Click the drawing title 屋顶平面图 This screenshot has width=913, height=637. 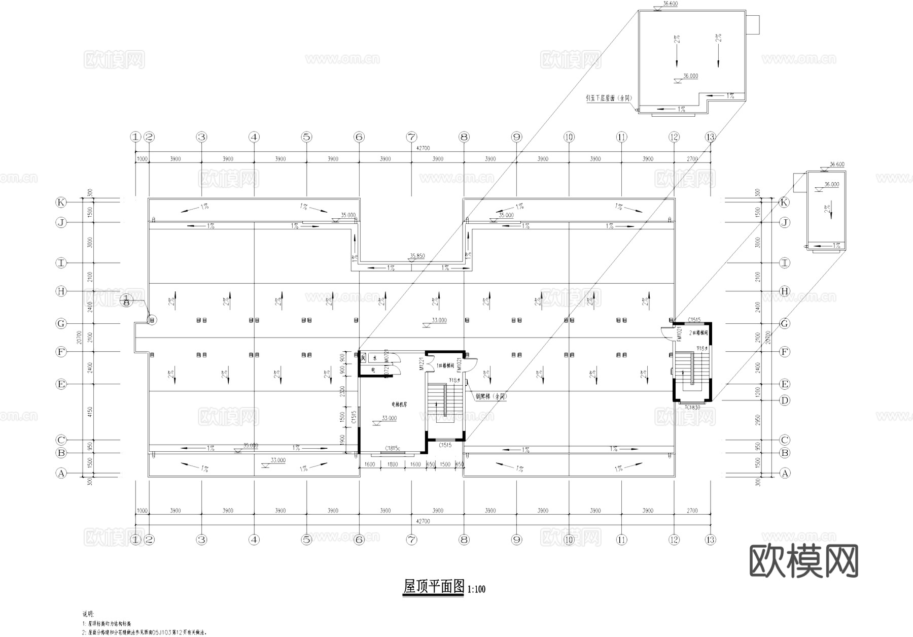point(434,587)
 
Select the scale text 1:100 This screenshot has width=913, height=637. point(476,589)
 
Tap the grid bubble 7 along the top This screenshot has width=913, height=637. point(411,137)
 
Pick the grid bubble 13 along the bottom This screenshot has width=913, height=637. point(710,540)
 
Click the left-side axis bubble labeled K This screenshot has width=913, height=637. point(61,202)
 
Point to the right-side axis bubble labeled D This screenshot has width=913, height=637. point(785,400)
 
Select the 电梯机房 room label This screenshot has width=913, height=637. point(399,405)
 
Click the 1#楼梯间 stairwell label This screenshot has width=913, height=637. point(445,365)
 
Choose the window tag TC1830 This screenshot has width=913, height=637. point(692,407)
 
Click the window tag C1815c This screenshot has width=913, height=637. point(392,448)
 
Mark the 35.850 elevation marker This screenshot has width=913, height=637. point(417,256)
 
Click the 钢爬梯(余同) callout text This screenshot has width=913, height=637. point(490,396)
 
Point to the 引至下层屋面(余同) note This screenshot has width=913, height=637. point(608,98)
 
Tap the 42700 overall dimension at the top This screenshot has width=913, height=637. point(423,148)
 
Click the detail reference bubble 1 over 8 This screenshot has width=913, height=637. point(126,300)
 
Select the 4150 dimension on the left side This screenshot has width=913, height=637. point(90,412)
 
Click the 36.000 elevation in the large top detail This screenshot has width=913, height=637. point(690,76)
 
